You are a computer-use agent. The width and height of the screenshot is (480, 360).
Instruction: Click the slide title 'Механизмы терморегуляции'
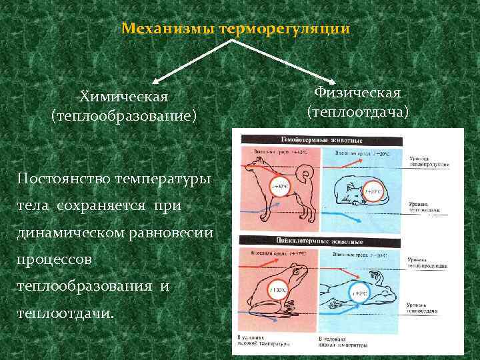coord(236,30)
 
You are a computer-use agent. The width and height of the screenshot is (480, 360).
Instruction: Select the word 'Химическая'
coord(123,97)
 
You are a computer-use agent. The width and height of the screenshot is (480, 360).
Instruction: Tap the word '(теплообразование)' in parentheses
coord(123,117)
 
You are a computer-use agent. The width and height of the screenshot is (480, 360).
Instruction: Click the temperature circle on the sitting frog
coord(278,290)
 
